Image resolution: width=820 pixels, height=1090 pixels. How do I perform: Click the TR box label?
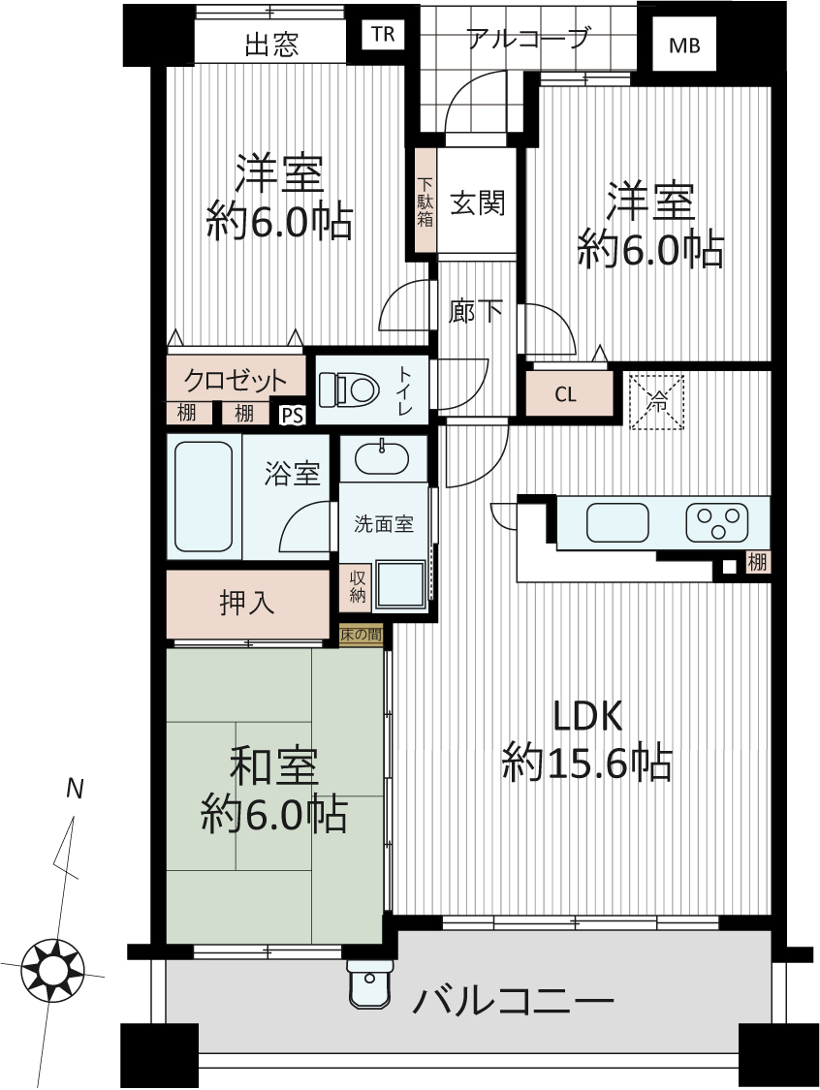383,34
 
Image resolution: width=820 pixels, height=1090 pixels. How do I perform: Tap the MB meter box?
683,45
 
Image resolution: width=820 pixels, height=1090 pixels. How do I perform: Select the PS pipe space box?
293,415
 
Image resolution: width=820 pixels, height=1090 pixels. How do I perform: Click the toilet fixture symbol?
348,389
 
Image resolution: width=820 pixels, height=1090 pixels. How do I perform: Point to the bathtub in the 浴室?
204,496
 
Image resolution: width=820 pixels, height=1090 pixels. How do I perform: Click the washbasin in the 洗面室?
383,458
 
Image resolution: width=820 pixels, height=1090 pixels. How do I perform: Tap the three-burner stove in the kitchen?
717,523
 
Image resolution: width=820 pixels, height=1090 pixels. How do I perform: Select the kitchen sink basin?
617,523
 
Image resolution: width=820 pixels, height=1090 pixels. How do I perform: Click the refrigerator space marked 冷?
656,402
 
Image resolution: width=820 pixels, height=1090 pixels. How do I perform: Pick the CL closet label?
565,395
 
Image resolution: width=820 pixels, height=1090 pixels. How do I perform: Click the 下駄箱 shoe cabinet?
425,201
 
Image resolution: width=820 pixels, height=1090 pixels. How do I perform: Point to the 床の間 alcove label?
361,635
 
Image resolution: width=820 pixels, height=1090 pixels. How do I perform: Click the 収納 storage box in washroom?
358,586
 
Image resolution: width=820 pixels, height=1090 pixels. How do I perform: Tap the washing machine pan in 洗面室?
400,586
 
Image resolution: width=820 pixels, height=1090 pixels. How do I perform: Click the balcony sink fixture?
368,983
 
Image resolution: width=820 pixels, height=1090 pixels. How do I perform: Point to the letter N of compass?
75,789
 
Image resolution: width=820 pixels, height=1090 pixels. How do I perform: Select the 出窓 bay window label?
271,46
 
